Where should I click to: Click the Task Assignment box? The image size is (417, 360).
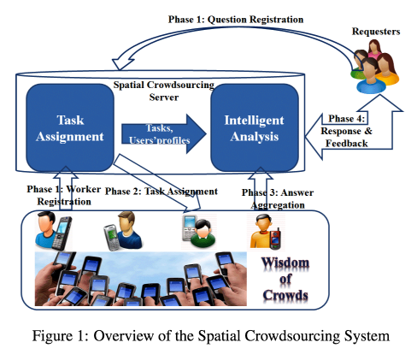pos(70,127)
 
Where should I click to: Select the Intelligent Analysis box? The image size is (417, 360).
pos(255,127)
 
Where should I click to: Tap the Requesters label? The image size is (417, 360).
pos(376,32)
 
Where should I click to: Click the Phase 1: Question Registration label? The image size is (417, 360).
pos(236,20)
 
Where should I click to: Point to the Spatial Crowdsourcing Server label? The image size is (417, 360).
pos(164,91)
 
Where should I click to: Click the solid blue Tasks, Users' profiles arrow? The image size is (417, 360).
pos(164,133)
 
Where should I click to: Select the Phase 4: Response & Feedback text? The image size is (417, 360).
pos(346,131)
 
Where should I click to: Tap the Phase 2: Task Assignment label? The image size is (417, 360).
pos(162,192)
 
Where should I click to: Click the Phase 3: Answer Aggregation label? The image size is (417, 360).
pos(278,198)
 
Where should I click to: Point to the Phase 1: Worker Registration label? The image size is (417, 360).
pos(64,195)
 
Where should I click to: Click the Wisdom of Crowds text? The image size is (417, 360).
pos(285,279)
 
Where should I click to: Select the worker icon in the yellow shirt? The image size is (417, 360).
pos(261,231)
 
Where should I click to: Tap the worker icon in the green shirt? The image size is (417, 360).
pos(203,233)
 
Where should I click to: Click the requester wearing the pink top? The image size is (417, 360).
pos(374,49)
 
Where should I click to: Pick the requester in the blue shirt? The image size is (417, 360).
pos(370,76)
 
